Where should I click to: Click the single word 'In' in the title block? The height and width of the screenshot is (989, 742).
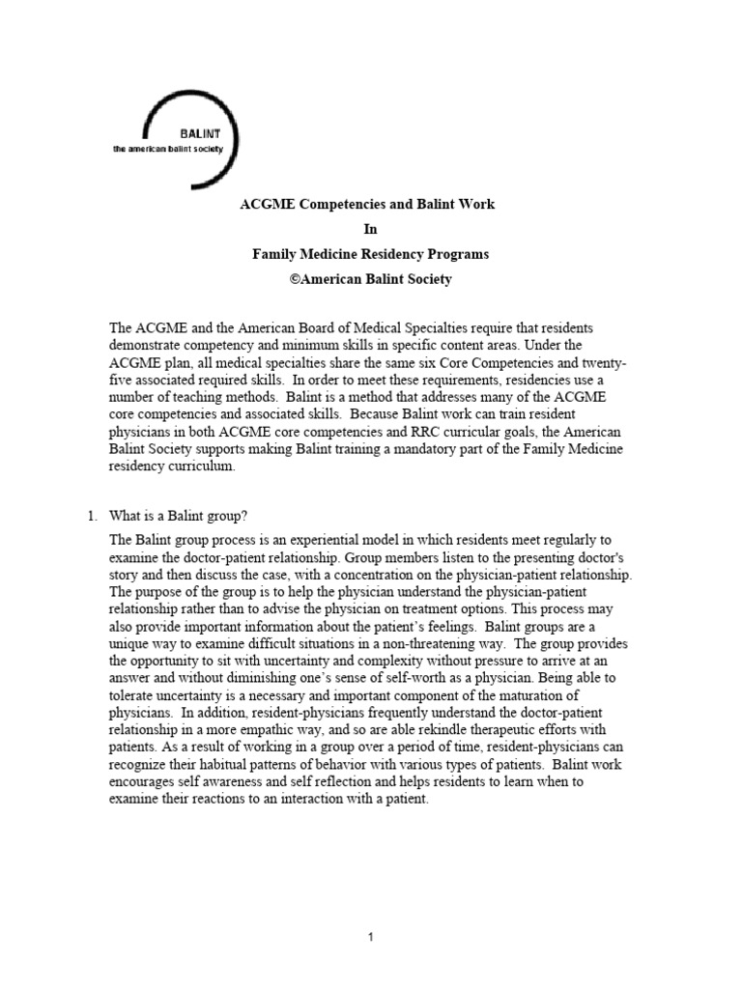(370, 230)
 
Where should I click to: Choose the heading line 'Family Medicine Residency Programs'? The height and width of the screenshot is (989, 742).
(370, 255)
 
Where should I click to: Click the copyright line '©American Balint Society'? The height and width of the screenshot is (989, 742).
(370, 280)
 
